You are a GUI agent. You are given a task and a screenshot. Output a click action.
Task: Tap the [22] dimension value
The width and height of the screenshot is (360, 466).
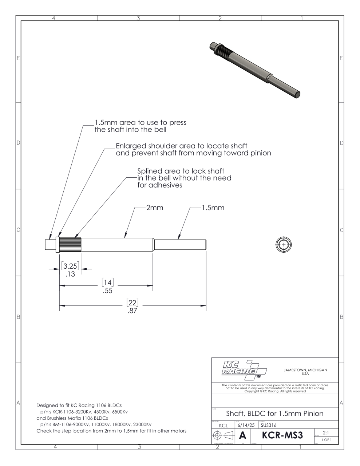point(132,303)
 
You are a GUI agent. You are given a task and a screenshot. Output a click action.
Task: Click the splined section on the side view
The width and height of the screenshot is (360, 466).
point(70,244)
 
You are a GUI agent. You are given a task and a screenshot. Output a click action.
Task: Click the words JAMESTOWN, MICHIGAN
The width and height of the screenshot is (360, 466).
point(305,370)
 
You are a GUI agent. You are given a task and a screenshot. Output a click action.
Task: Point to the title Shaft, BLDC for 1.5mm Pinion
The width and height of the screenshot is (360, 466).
point(275,414)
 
